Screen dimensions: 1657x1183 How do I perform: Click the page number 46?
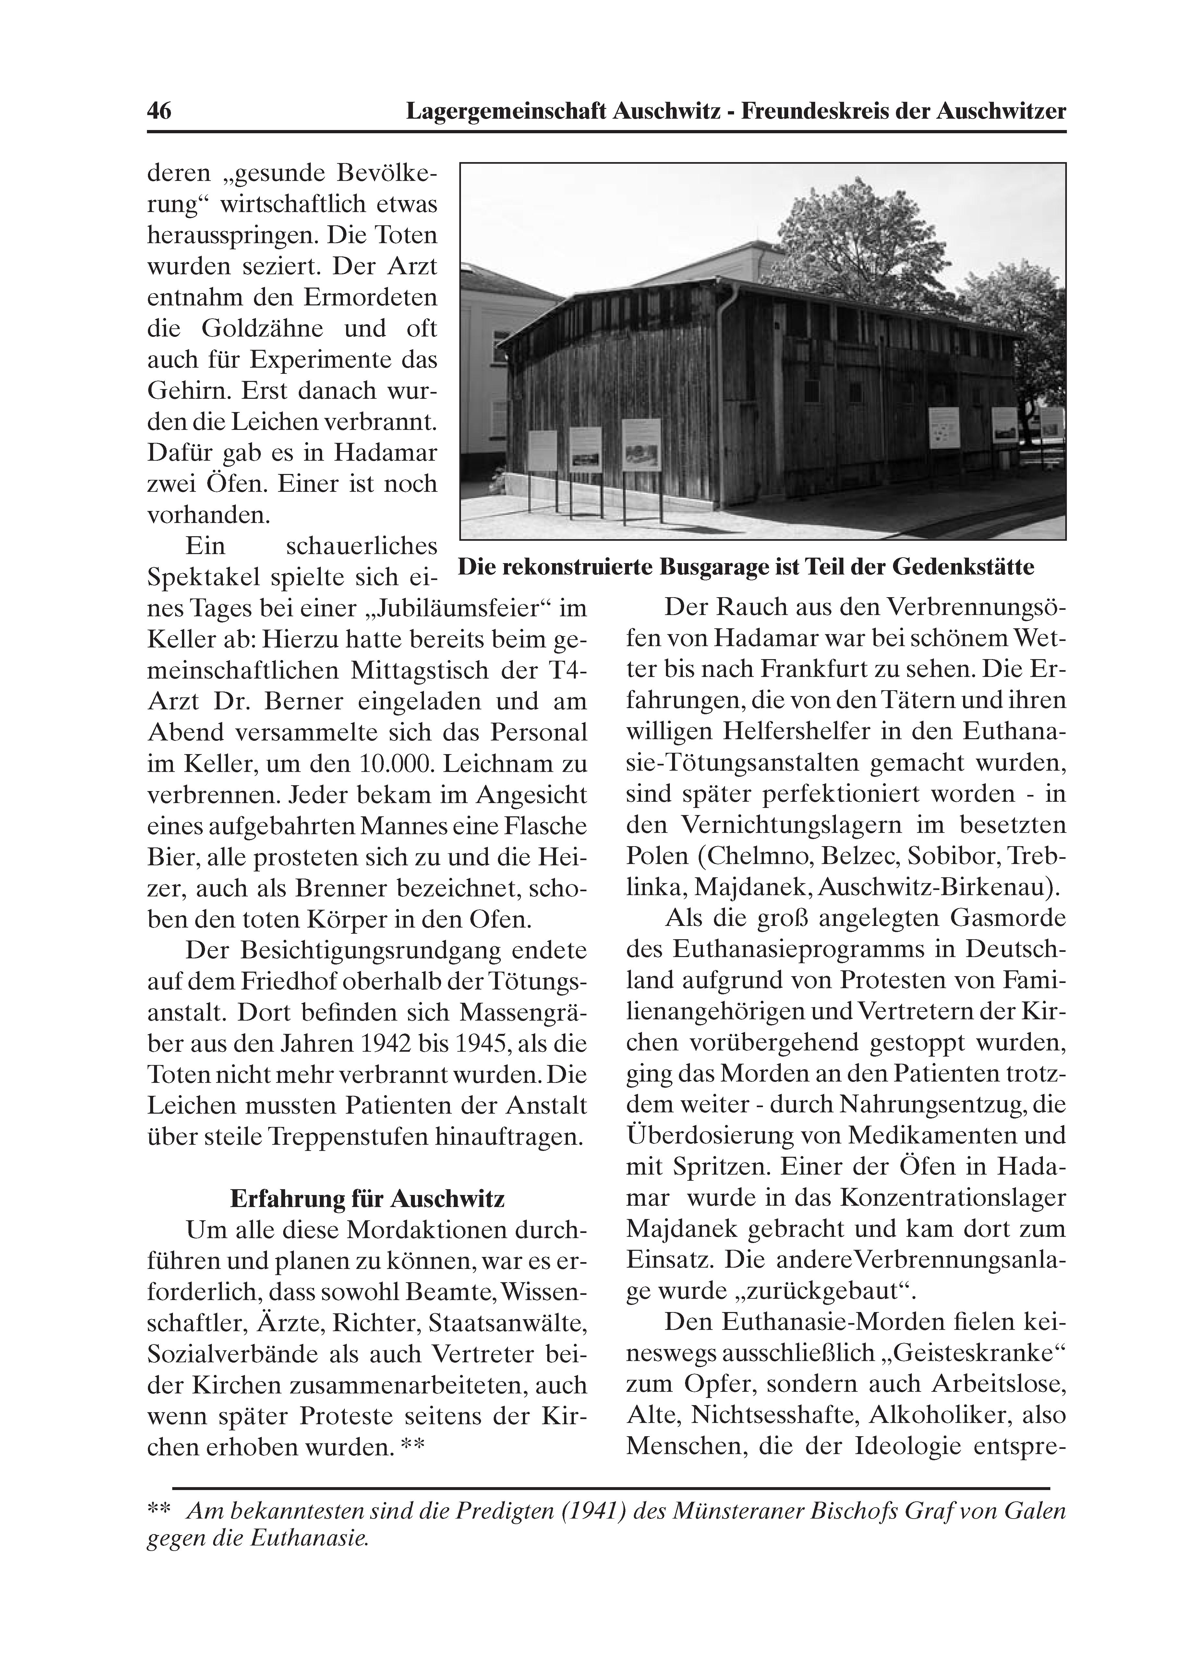159,112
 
